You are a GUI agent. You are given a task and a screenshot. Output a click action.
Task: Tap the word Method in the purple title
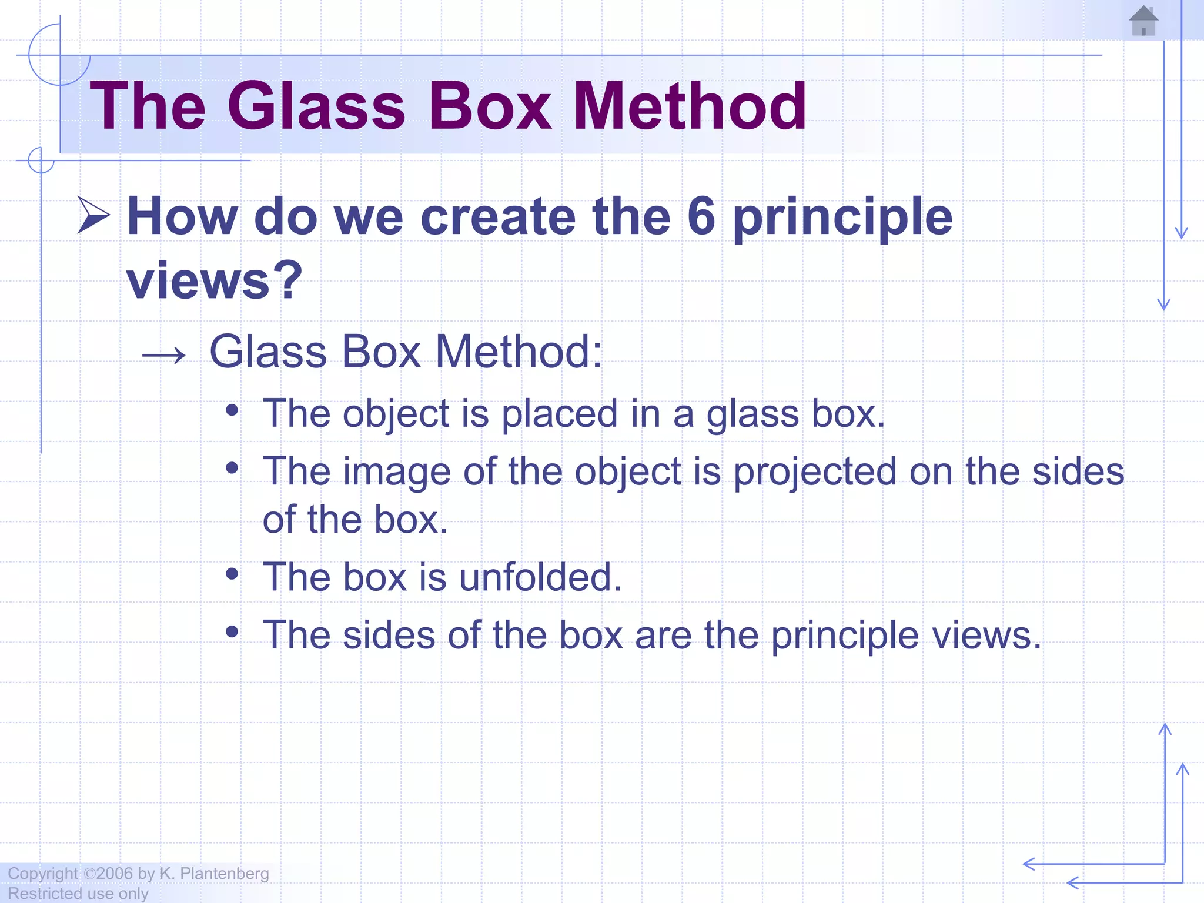pos(689,106)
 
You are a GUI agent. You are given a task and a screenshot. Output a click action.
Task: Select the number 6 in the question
pos(701,216)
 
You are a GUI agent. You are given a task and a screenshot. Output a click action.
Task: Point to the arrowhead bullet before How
pos(93,216)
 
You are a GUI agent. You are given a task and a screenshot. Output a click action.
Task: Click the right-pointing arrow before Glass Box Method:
pos(164,354)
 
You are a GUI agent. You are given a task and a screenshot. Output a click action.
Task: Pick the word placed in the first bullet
pos(559,413)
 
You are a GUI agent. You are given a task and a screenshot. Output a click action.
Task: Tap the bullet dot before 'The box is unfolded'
pos(232,574)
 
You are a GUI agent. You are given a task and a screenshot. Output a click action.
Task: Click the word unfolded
pos(540,577)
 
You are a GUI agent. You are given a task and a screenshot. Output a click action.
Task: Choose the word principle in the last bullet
pos(845,636)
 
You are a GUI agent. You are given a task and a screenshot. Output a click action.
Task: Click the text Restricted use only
pos(78,894)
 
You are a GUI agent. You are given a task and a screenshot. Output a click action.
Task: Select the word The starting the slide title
pos(147,106)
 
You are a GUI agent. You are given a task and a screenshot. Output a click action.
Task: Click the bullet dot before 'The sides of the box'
pos(232,632)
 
